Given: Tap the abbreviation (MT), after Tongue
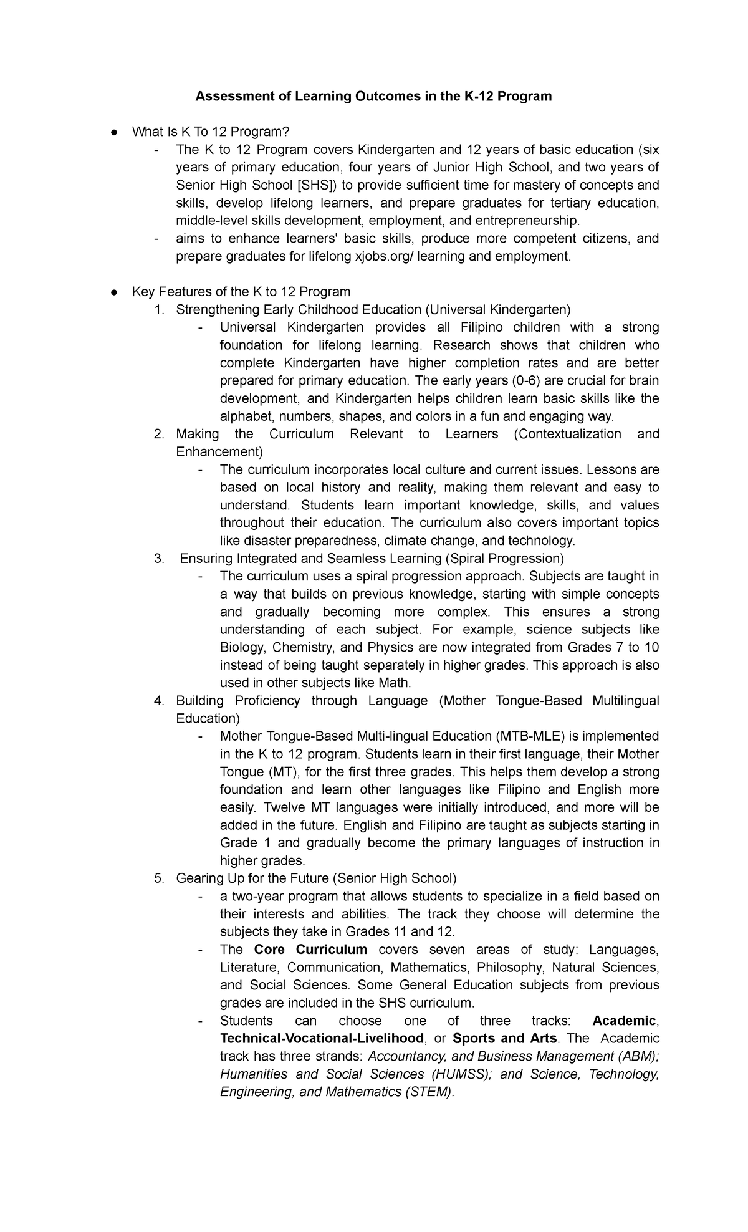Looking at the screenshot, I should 278,772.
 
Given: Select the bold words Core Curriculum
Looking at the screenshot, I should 310,950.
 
